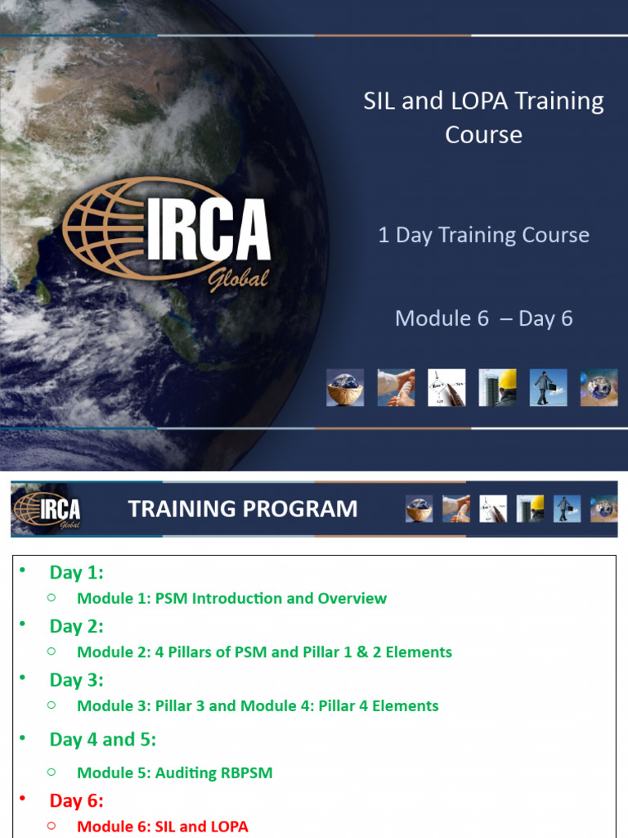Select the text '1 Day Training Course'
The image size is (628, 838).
coord(483,235)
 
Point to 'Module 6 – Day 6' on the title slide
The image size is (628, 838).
coord(483,318)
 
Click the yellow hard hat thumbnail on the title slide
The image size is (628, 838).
coord(497,387)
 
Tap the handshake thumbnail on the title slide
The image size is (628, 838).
coord(396,387)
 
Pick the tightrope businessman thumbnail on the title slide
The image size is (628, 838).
coord(548,387)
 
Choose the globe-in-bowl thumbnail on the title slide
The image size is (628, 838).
coord(345,387)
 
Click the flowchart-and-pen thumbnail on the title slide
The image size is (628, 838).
coord(446,387)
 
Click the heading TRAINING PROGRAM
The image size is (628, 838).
coord(243,509)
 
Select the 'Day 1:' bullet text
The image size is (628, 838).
coord(76,572)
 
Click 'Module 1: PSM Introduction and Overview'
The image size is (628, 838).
coord(231,598)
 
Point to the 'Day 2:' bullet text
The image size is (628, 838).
coord(76,626)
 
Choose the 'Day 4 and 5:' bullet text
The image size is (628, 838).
coord(102,739)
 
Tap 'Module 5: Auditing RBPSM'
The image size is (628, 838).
coord(174,773)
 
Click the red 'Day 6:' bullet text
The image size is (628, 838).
coord(76,800)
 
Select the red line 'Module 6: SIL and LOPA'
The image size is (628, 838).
coord(162,827)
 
